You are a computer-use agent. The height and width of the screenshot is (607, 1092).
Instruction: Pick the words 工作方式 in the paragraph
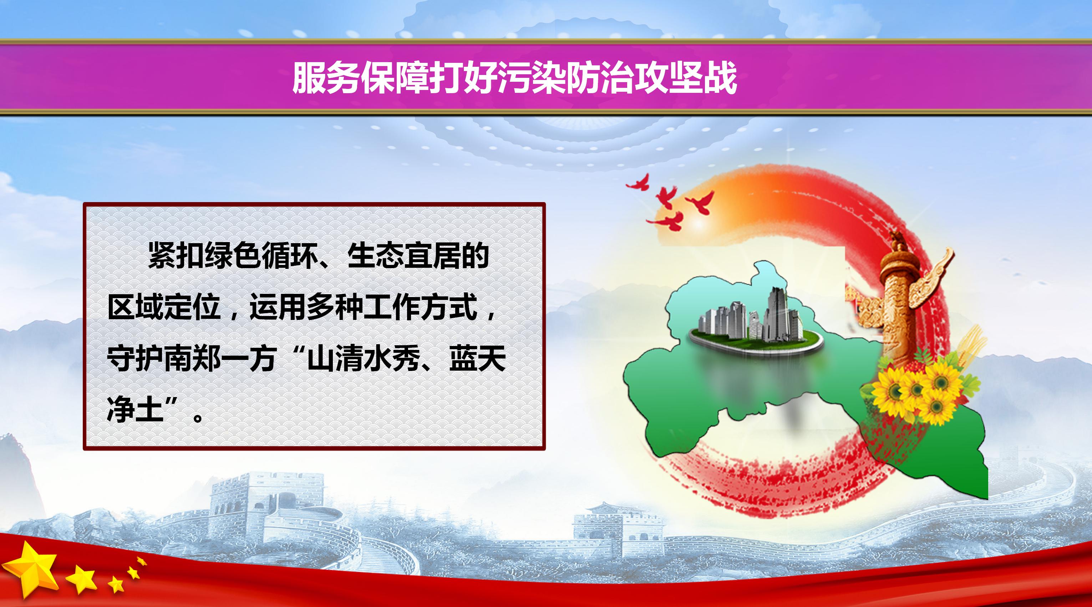coord(421,307)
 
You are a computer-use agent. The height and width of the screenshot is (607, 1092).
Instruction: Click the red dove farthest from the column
coord(638,183)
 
